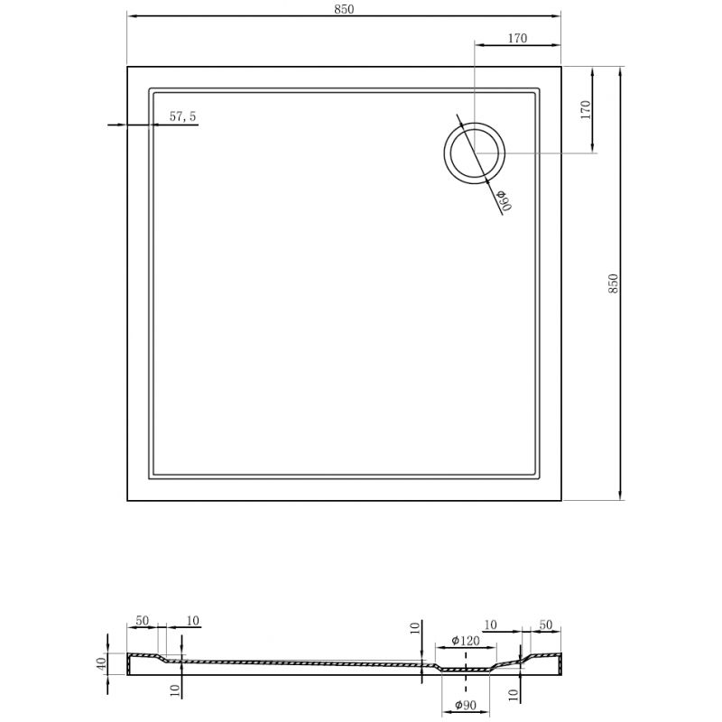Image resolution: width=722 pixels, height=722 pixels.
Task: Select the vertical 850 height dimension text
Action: (613, 283)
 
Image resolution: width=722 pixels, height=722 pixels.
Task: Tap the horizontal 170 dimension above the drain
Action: (517, 38)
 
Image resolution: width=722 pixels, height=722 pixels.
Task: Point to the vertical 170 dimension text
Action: (585, 110)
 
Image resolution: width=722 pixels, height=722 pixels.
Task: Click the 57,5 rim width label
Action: (183, 116)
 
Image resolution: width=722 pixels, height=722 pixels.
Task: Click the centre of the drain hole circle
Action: (474, 153)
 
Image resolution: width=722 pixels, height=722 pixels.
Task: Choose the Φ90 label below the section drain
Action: (465, 704)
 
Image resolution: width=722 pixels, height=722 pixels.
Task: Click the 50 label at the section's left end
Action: (143, 621)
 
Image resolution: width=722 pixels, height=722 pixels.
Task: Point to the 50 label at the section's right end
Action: (544, 625)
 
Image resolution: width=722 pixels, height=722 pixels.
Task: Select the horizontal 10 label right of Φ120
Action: (491, 625)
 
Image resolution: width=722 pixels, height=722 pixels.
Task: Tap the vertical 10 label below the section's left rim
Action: (176, 690)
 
